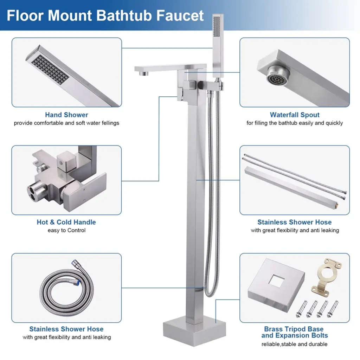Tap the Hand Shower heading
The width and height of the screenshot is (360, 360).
pyautogui.click(x=66, y=115)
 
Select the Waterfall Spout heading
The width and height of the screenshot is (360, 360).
pyautogui.click(x=295, y=115)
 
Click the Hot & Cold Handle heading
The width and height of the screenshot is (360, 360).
pyautogui.click(x=66, y=222)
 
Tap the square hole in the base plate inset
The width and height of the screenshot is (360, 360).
pyautogui.click(x=276, y=281)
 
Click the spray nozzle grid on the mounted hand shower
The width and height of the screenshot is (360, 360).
pyautogui.click(x=216, y=27)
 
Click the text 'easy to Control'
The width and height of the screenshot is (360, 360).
pyautogui.click(x=66, y=230)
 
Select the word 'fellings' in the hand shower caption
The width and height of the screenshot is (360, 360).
pyautogui.click(x=111, y=123)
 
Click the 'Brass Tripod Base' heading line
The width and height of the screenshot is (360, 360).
pyautogui.click(x=294, y=329)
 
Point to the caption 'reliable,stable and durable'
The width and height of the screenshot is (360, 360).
pyautogui.click(x=294, y=344)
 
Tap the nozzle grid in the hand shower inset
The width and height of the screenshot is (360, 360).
pyautogui.click(x=50, y=69)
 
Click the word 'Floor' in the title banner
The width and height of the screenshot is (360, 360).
pyautogui.click(x=25, y=15)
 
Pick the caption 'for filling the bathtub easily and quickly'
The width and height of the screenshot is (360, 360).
pyautogui.click(x=295, y=123)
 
